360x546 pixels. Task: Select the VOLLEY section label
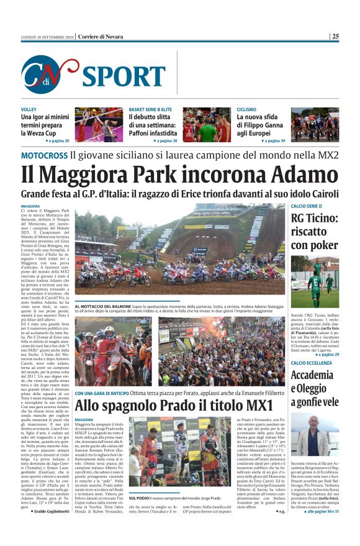(x=29, y=109)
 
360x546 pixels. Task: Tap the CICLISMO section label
(x=247, y=109)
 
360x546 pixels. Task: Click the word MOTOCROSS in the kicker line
(x=44, y=155)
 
